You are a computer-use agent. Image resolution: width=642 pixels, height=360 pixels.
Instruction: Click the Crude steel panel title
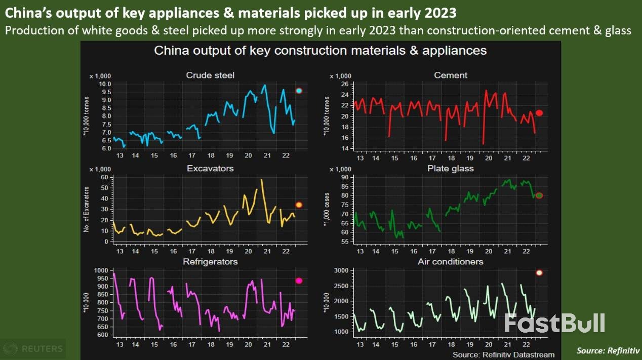point(210,75)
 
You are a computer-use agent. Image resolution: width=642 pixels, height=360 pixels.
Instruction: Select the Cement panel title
point(451,75)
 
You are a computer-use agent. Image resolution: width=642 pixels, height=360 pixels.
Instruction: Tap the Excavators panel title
point(210,168)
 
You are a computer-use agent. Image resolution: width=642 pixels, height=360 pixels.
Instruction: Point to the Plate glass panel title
point(451,168)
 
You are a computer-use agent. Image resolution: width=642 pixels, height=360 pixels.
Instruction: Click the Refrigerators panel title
point(210,262)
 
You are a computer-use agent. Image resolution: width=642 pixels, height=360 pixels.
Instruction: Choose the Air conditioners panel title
point(451,262)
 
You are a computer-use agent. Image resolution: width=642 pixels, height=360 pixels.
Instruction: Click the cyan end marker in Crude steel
point(299,91)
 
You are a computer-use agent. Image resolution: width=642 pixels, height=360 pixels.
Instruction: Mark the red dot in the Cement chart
point(539,113)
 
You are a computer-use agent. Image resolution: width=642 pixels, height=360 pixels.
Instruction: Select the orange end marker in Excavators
point(299,205)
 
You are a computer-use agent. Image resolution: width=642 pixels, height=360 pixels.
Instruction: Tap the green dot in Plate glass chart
point(539,195)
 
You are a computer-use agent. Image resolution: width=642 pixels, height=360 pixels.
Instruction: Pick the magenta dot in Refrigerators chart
point(299,281)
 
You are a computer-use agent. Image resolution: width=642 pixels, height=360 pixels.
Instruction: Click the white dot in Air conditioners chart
point(539,272)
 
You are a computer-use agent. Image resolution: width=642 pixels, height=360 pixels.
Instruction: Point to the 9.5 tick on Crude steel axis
point(105,92)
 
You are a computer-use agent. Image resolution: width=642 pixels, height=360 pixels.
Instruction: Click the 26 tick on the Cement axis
point(346,84)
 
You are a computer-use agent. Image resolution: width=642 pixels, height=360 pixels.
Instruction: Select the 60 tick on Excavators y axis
point(105,177)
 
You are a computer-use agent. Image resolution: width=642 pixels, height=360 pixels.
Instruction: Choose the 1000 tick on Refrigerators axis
point(102,271)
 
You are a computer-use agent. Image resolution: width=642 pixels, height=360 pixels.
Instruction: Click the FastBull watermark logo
point(554,323)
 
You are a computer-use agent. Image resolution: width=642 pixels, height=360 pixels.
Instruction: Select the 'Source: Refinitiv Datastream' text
point(503,354)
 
